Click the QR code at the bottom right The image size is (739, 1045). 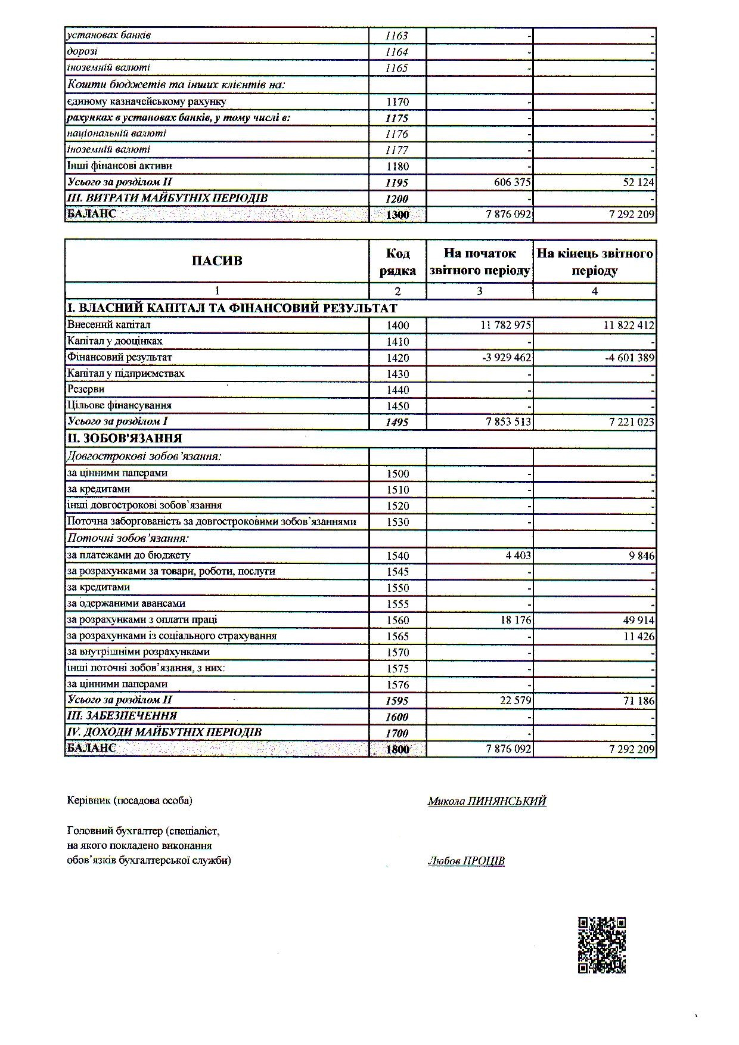coord(601,945)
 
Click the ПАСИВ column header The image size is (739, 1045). coord(217,261)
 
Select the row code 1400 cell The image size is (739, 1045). coord(398,325)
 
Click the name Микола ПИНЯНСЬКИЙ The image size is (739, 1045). coord(487,801)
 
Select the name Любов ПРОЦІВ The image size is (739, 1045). coord(466,861)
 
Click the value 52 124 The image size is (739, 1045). coord(638,182)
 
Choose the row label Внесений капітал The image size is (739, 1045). coord(109,325)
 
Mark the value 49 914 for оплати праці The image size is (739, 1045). coord(638,620)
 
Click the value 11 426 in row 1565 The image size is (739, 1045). coord(638,636)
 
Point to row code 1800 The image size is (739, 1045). coord(398,749)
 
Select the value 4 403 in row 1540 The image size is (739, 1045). coord(517,556)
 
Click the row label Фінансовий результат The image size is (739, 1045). coord(120,357)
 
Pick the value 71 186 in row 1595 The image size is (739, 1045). coord(638,700)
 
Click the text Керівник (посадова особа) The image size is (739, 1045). coord(130,801)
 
